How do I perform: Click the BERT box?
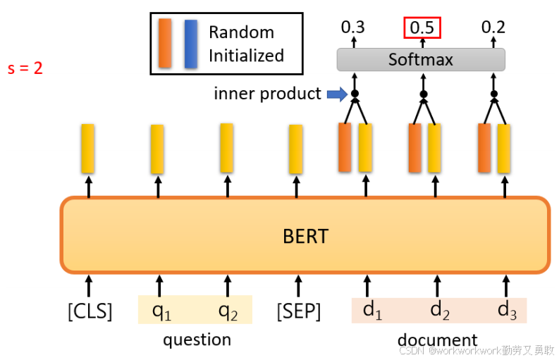point(305,235)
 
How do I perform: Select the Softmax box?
point(421,59)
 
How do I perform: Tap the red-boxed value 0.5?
point(422,27)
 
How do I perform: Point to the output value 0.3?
point(352,27)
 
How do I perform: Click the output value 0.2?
point(493,27)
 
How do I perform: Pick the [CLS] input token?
point(90,311)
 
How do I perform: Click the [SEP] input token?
point(298,311)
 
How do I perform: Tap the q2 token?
point(227,311)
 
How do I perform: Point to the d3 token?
point(505,311)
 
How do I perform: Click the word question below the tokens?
point(197,340)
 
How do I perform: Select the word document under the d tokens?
point(437,340)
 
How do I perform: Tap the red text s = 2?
point(25,70)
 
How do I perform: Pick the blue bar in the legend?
point(190,44)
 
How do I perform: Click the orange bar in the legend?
point(166,44)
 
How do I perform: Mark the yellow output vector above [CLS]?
point(87,148)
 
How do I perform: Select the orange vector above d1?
point(345,147)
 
